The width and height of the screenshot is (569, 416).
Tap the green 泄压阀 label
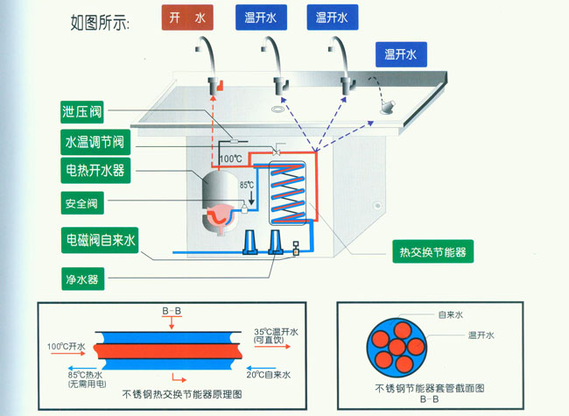(x=83, y=112)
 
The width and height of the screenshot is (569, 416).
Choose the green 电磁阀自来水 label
(x=100, y=238)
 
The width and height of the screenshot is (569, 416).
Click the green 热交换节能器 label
(x=432, y=252)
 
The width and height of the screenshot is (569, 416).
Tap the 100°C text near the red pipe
(x=230, y=159)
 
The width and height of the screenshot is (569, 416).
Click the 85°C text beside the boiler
(x=248, y=185)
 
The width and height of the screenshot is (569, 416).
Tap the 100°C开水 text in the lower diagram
(x=67, y=348)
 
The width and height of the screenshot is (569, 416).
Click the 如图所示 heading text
(x=99, y=24)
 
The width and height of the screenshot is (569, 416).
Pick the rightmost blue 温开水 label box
(x=401, y=55)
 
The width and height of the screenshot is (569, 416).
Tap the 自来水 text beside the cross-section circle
(x=450, y=314)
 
